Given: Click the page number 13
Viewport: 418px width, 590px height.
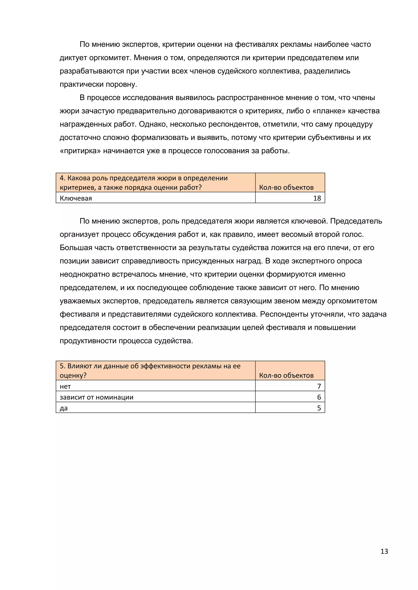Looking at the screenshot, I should point(384,551).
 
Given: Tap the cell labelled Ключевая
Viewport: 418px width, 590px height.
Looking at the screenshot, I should point(76,198).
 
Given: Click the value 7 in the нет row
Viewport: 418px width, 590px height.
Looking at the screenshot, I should point(319,386).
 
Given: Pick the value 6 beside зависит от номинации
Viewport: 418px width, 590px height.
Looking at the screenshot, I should point(319,397).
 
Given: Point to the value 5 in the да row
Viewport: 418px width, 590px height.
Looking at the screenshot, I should point(319,408).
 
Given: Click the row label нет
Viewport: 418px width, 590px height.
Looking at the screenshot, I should point(65,386).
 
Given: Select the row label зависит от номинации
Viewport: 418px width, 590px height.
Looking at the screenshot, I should point(97,397).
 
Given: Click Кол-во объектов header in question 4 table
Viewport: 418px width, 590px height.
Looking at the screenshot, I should point(286,187).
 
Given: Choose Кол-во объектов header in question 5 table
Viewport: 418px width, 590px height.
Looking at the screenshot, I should point(286,375).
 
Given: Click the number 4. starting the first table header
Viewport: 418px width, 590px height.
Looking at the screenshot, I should point(62,178).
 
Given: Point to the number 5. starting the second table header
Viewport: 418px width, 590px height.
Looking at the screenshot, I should point(62,366).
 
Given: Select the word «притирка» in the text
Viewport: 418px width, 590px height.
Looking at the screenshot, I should point(80,151).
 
